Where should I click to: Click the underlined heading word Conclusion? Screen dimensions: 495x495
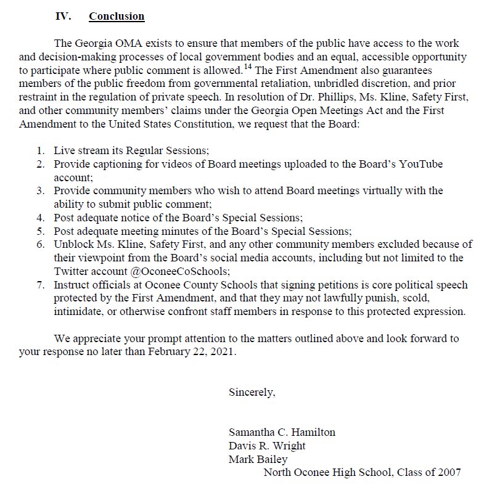[x=117, y=16]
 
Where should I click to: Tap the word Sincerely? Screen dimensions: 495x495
[x=252, y=391]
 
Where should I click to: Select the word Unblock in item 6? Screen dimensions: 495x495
[x=72, y=245]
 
